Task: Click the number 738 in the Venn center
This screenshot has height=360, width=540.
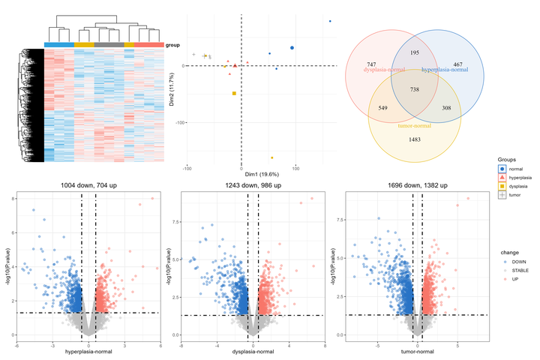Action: tap(414, 89)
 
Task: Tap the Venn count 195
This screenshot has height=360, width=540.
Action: tap(415, 53)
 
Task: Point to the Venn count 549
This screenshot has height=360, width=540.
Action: tap(384, 109)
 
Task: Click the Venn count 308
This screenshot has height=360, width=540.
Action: tap(446, 109)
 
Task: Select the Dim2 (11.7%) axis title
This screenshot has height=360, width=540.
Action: tap(172, 88)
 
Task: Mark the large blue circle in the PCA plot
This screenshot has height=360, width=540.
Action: tap(292, 48)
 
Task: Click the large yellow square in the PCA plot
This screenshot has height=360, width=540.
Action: tap(234, 93)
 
